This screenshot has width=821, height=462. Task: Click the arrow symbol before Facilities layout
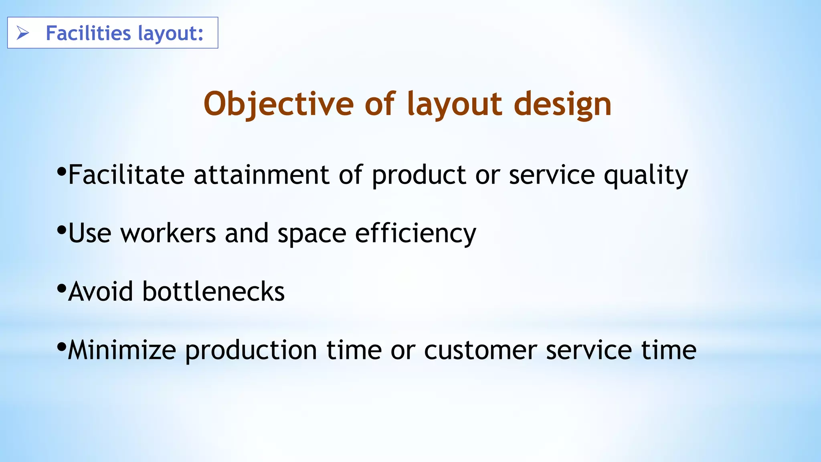(x=23, y=33)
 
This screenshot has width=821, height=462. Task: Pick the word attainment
(x=261, y=175)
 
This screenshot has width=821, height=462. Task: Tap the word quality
(x=646, y=176)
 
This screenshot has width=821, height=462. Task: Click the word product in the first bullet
(x=419, y=176)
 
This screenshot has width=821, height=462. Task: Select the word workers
(x=168, y=233)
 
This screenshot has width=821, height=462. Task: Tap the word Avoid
(x=101, y=292)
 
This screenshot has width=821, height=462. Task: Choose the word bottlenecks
(x=213, y=292)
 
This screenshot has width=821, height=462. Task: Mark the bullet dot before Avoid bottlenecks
(x=61, y=288)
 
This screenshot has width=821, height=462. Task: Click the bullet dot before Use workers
(x=61, y=230)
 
